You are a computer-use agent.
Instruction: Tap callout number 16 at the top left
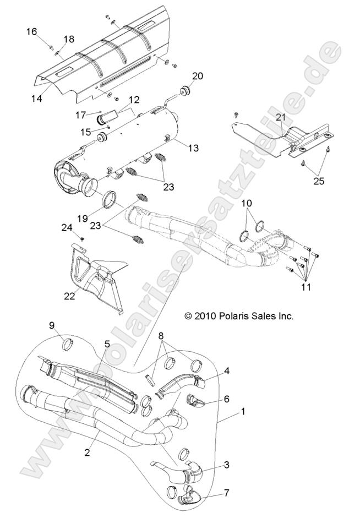[33, 32]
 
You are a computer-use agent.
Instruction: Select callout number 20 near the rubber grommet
[198, 76]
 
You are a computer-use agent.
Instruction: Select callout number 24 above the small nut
[67, 227]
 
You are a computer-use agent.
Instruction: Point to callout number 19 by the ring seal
[98, 218]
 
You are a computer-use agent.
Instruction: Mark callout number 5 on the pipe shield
[107, 343]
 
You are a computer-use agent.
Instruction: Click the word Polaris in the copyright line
[225, 316]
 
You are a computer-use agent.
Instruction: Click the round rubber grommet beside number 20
[183, 89]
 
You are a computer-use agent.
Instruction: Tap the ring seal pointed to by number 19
[111, 199]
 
